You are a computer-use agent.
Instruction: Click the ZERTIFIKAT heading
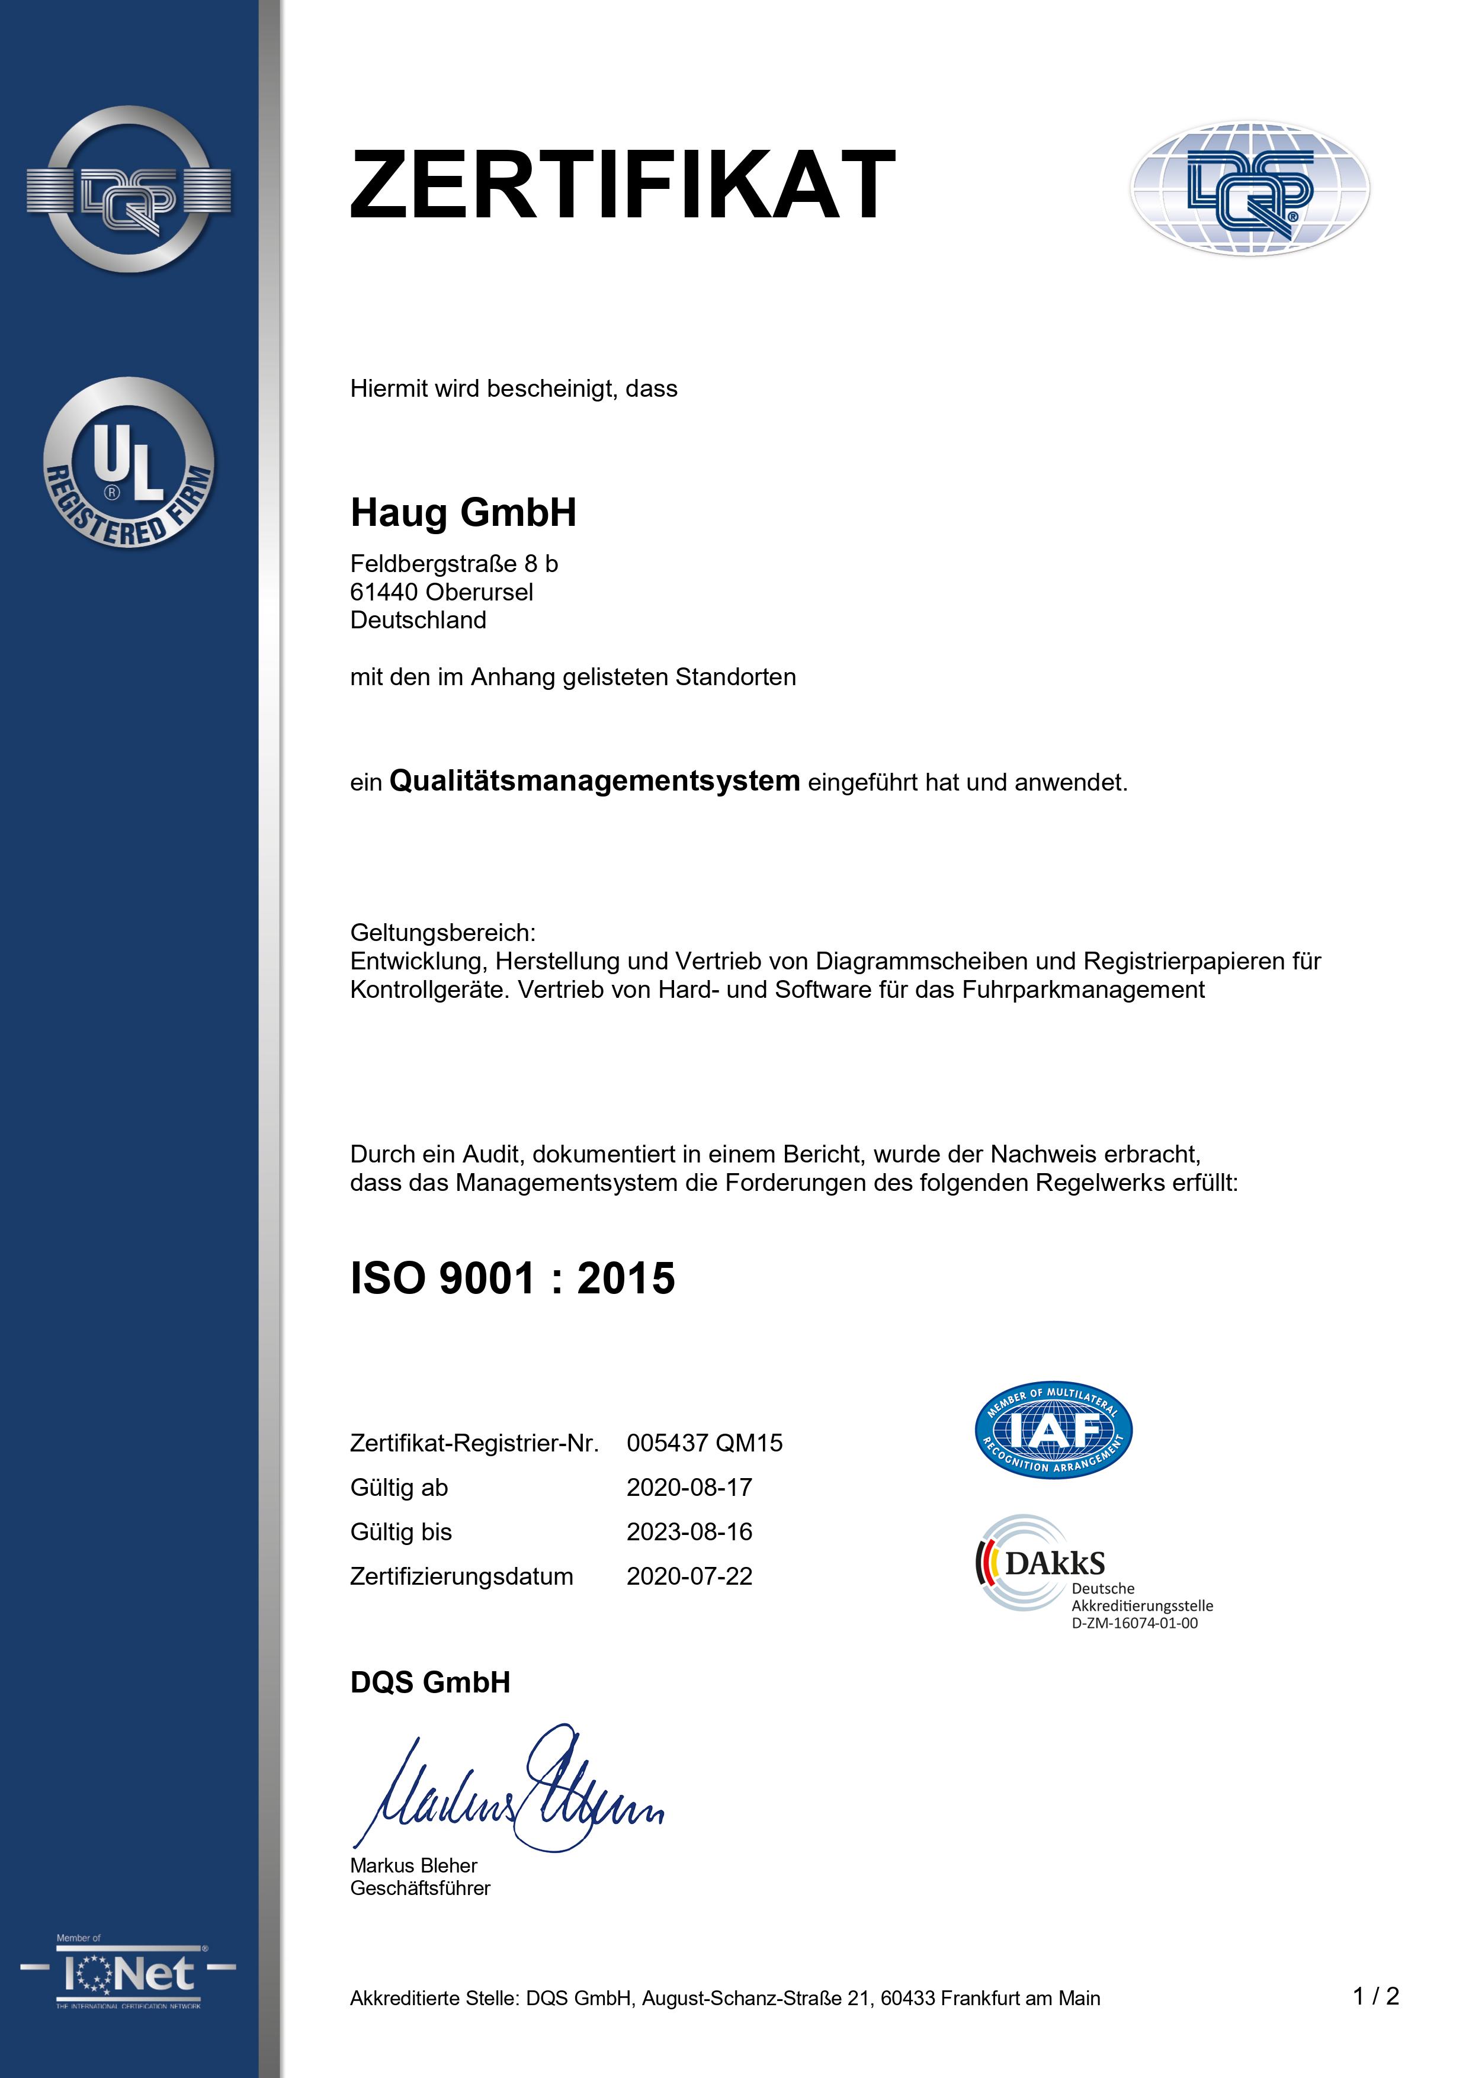pyautogui.click(x=623, y=185)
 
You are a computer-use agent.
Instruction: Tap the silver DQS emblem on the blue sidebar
pyautogui.click(x=129, y=190)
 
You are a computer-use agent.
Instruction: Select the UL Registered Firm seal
pyautogui.click(x=129, y=463)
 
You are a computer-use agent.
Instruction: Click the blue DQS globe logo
pyautogui.click(x=1249, y=188)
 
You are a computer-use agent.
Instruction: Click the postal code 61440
pyautogui.click(x=384, y=592)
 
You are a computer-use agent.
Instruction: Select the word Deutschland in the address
pyautogui.click(x=418, y=620)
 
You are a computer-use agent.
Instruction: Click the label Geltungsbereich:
pyautogui.click(x=442, y=932)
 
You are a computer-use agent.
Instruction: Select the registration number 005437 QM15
pyautogui.click(x=704, y=1443)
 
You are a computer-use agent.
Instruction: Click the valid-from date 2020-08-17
pyautogui.click(x=689, y=1487)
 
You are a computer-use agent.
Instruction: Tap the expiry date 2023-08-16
pyautogui.click(x=689, y=1531)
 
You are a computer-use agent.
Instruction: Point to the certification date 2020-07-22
pyautogui.click(x=689, y=1576)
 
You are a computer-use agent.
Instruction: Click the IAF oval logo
pyautogui.click(x=1053, y=1431)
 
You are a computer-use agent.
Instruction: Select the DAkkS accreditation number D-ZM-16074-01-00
pyautogui.click(x=1134, y=1623)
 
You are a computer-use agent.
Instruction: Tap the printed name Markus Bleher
pyautogui.click(x=413, y=1865)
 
